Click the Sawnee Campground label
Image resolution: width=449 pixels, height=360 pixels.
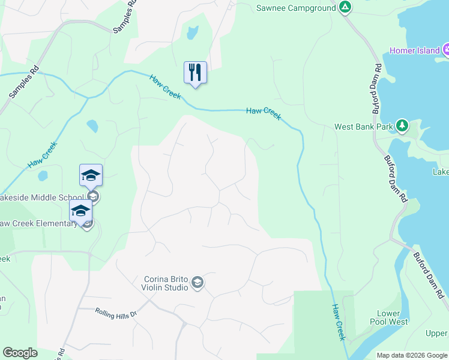[295, 8]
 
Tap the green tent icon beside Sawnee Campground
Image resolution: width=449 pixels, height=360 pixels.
[345, 7]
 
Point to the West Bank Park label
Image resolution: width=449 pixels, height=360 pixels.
[364, 127]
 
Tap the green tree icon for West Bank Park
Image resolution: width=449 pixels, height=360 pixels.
[402, 126]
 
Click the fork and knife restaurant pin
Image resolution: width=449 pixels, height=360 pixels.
[195, 73]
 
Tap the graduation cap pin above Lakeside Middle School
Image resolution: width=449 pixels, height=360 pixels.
[91, 175]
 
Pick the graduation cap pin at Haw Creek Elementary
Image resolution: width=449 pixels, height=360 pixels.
[80, 211]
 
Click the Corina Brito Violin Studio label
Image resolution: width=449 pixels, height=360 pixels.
[166, 283]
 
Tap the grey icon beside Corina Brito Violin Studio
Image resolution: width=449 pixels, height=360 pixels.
[198, 283]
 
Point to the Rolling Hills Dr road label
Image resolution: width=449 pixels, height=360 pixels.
[116, 313]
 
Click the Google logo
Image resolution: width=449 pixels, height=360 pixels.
[20, 353]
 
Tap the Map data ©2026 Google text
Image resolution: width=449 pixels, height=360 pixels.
[412, 355]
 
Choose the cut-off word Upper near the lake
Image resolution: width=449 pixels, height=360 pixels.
[436, 333]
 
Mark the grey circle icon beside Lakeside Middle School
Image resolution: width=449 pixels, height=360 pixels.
[92, 197]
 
